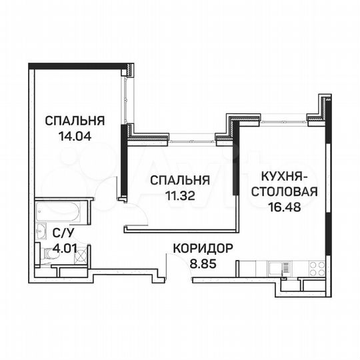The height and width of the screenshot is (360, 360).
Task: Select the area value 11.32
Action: (179, 195)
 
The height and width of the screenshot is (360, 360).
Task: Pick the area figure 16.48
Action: (283, 207)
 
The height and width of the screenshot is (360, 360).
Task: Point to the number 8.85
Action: (203, 263)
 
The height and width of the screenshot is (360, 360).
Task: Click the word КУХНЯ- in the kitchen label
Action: (283, 177)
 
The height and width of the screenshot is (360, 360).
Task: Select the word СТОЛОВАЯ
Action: (283, 192)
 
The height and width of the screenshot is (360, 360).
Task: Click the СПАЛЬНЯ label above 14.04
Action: (75, 121)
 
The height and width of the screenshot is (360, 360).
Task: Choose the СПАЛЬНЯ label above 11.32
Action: (180, 180)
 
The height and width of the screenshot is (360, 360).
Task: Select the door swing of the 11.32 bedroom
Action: (135, 215)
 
